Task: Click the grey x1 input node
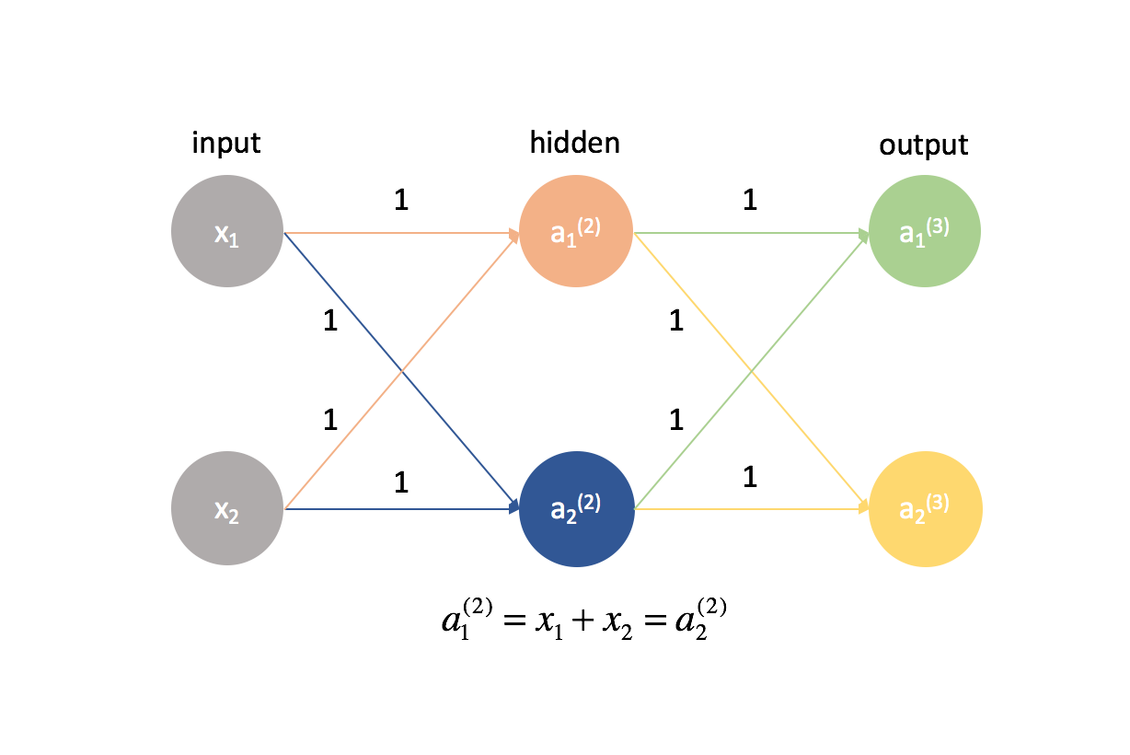click(226, 232)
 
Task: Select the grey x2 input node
click(226, 508)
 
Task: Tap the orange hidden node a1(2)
click(575, 232)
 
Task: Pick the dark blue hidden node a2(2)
click(575, 508)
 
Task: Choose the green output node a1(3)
click(924, 232)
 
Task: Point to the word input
click(226, 144)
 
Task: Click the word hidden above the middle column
click(574, 144)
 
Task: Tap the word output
click(924, 145)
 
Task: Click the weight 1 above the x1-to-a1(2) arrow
click(400, 201)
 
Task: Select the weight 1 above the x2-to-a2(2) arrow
click(400, 481)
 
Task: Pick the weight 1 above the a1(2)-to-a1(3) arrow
click(749, 201)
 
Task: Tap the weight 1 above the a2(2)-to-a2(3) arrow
click(749, 477)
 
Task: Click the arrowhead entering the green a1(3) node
click(865, 234)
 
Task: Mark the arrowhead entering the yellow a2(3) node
click(865, 507)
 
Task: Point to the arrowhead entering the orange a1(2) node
click(514, 234)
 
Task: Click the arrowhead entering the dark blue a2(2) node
click(514, 507)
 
